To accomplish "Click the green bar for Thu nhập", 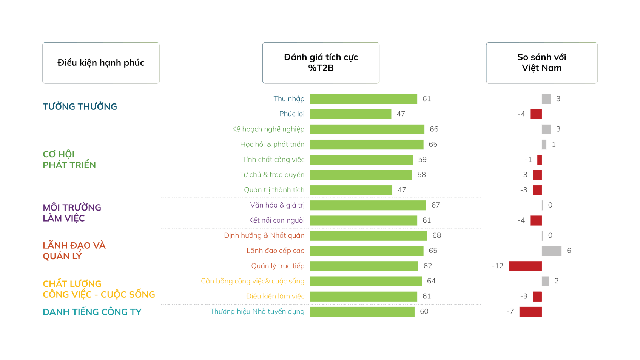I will (363, 99).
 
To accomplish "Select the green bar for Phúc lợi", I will (350, 114).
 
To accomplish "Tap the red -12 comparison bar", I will (525, 266).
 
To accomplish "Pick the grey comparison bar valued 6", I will (551, 251).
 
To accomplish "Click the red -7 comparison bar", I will (531, 312).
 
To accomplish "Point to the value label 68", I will (436, 235).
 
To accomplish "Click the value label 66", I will (434, 129).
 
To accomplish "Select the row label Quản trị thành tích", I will (274, 190).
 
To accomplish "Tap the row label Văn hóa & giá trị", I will (277, 205).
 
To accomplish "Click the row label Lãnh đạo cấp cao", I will (275, 251).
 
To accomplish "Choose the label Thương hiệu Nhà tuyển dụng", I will (257, 312).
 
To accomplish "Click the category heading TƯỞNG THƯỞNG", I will (80, 106).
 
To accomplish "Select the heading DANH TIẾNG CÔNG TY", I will (92, 312).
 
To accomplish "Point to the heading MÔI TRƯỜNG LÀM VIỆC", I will (72, 213).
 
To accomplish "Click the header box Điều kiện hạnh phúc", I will (101, 63).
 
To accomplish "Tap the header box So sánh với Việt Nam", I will (541, 63).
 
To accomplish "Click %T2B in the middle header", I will (321, 68).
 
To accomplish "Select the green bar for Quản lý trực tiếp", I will (364, 266).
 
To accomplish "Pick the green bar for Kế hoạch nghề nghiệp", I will (367, 129).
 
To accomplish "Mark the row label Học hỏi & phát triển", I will (272, 145).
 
